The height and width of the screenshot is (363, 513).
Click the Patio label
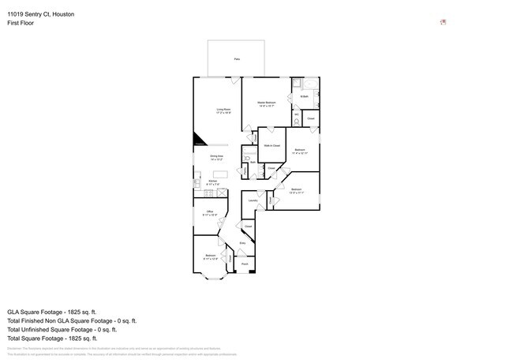tap(236, 59)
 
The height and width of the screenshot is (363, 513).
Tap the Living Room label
tap(224, 111)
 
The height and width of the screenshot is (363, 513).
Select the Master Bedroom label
tap(266, 104)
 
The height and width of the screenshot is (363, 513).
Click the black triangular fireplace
tap(200, 140)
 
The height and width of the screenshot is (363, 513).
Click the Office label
tap(210, 213)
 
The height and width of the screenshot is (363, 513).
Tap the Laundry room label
tap(253, 201)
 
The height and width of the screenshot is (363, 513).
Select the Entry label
tap(242, 243)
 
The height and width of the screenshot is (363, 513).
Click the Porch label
tap(245, 264)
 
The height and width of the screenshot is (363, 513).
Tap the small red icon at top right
tap(444, 22)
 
